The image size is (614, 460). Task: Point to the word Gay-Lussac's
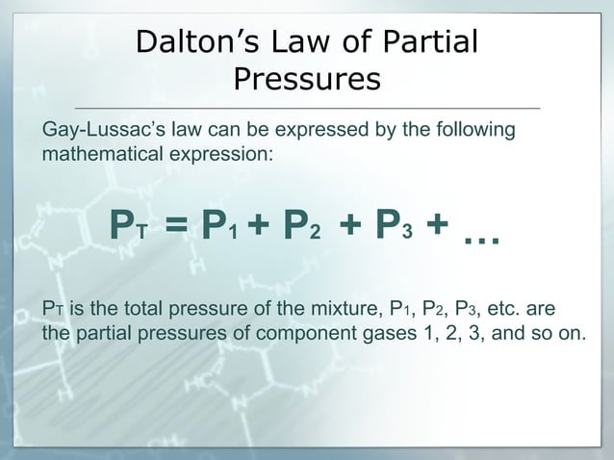point(100,130)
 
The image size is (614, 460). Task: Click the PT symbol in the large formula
point(125,227)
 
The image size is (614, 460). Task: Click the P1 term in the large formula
point(219,227)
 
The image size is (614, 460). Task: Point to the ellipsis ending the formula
point(480,234)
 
